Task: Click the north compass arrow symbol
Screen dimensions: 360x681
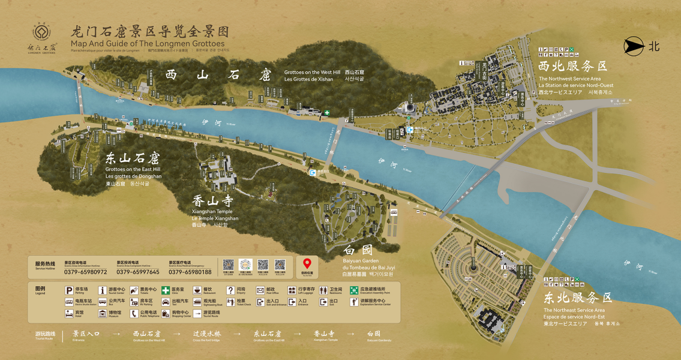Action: (632, 46)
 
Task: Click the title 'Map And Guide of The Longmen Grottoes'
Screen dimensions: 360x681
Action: (147, 44)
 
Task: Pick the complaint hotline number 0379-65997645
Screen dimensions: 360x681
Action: (138, 272)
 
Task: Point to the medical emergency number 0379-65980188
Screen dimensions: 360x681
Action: (190, 272)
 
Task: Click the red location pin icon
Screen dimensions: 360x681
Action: (307, 264)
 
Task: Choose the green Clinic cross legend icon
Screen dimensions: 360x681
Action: (165, 290)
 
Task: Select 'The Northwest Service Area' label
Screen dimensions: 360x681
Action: (569, 79)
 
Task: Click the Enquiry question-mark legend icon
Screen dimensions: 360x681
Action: (230, 290)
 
